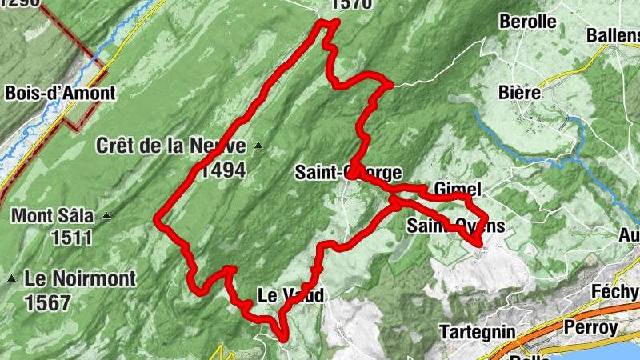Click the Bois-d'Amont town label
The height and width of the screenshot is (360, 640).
click(x=60, y=93)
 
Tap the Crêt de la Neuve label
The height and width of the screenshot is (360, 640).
click(x=172, y=146)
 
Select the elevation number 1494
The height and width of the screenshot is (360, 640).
click(x=223, y=170)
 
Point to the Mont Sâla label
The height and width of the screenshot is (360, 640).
click(x=53, y=216)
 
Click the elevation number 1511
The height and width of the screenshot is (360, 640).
click(x=71, y=238)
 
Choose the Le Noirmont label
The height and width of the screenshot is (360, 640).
click(x=80, y=278)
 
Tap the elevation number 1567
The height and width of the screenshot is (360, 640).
click(x=49, y=302)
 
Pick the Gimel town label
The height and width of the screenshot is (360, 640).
click(x=458, y=190)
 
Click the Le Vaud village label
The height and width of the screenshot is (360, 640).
click(x=291, y=296)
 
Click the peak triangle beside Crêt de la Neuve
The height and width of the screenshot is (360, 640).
click(x=258, y=146)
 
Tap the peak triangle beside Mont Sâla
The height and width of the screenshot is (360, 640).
click(x=106, y=216)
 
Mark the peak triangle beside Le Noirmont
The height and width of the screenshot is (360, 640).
click(x=12, y=278)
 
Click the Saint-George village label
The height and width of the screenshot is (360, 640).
click(x=347, y=172)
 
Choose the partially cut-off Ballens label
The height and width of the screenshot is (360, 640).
click(x=613, y=35)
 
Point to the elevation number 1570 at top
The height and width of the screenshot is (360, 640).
click(x=351, y=5)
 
